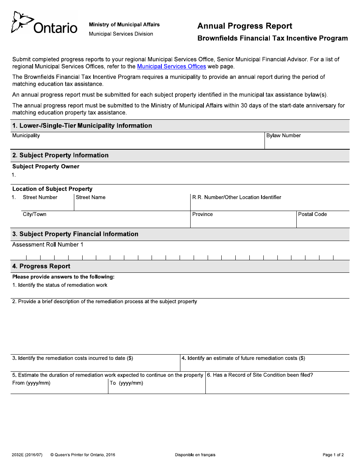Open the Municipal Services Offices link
click(x=171, y=66)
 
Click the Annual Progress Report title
click(x=244, y=26)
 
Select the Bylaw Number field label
click(x=283, y=136)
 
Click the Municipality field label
click(x=26, y=136)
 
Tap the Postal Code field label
click(x=312, y=214)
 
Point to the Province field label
click(x=202, y=214)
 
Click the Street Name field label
click(x=91, y=197)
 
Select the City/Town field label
click(x=34, y=214)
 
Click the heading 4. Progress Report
click(x=41, y=266)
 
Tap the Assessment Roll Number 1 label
click(x=48, y=245)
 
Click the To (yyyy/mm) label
click(x=126, y=383)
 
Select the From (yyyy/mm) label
click(x=31, y=383)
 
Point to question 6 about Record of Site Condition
click(x=260, y=375)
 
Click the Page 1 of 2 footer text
click(x=333, y=455)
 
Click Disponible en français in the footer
click(x=195, y=455)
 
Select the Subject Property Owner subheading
click(x=46, y=167)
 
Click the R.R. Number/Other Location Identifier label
click(x=236, y=197)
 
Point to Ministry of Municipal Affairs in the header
click(x=124, y=25)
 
